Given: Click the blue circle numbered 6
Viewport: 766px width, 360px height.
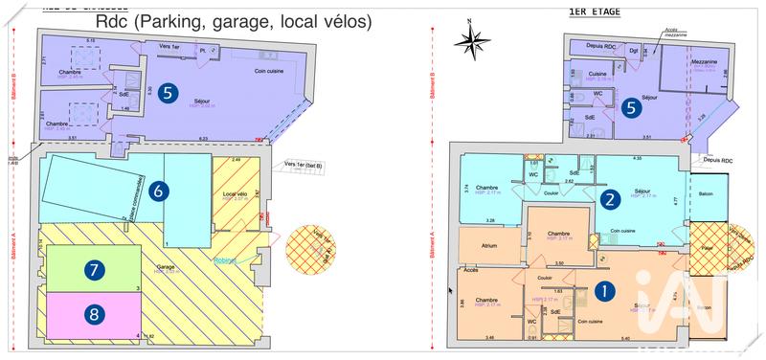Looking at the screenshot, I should [x=160, y=191].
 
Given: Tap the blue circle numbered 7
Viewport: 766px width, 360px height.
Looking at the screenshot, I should [x=93, y=271].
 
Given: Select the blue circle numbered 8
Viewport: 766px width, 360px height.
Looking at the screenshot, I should [x=93, y=313].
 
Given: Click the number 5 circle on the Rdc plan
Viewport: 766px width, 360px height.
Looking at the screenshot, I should [x=169, y=93].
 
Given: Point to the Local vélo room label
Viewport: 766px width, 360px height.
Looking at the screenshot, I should [x=235, y=194].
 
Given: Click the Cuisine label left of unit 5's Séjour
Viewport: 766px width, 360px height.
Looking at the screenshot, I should [x=596, y=73].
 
